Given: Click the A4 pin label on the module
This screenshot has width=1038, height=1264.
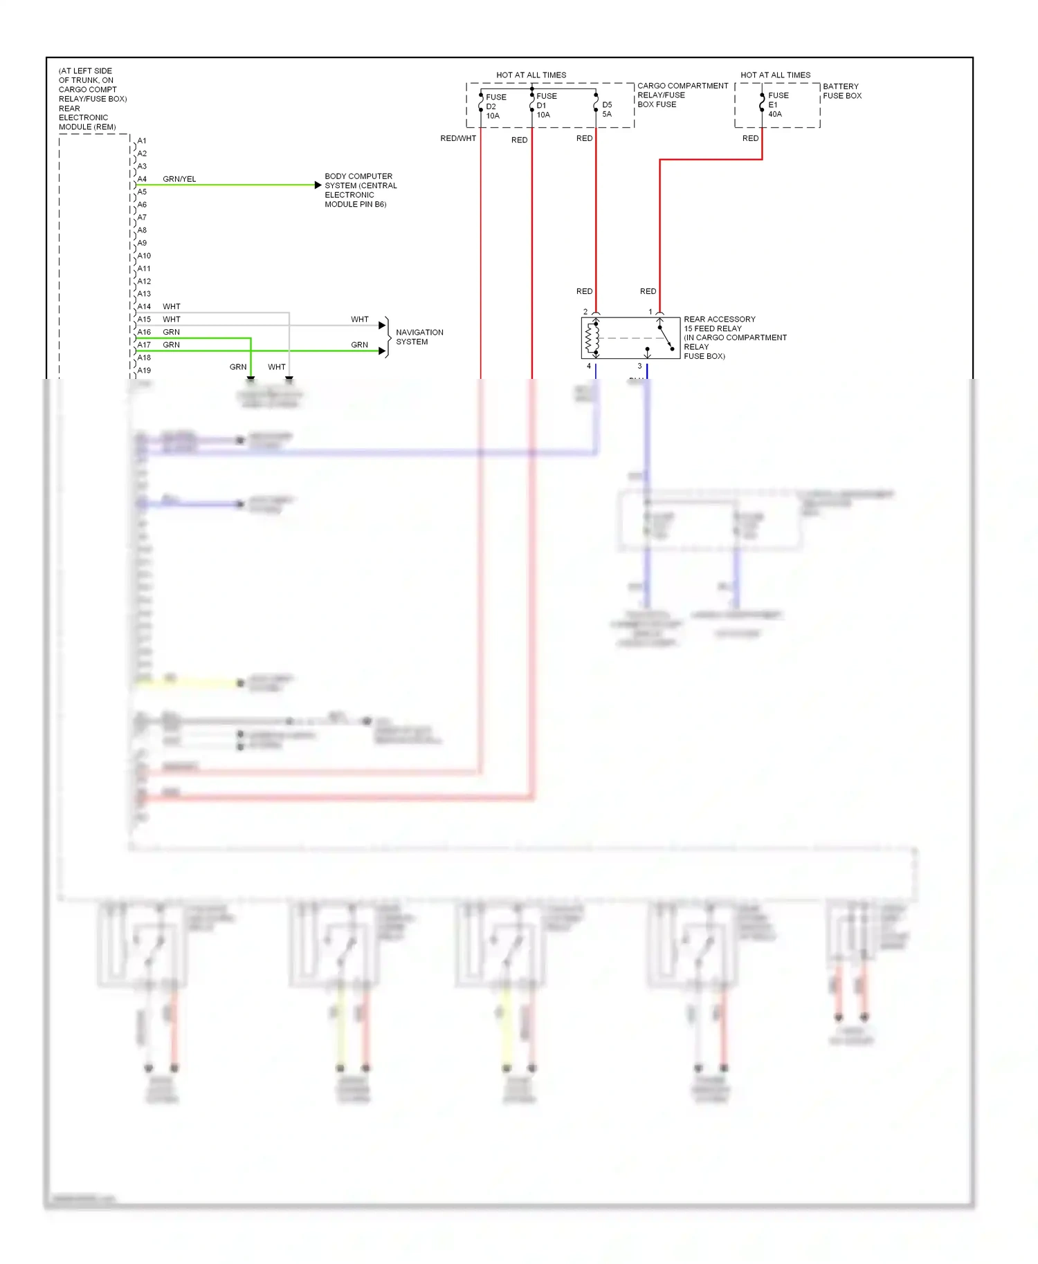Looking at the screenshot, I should pos(142,179).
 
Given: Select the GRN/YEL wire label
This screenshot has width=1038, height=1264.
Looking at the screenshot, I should pos(179,179).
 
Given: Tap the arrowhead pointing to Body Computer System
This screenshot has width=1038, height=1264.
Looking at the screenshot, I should pos(318,185).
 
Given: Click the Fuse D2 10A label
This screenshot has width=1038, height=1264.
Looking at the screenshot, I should pos(495,106).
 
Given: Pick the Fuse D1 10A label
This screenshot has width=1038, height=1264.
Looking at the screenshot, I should pos(546,106).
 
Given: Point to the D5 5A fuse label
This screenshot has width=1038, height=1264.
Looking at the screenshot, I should pos(607,109).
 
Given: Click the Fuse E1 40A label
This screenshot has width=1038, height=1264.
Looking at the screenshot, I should pos(778,105).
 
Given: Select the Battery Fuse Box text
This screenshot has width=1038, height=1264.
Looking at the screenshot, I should pos(842,91).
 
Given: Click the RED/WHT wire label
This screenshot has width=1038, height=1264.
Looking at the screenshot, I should pos(458,138).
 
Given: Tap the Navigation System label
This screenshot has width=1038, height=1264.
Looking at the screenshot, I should pos(419,337).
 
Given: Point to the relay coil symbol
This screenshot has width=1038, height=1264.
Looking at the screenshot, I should pos(592,338).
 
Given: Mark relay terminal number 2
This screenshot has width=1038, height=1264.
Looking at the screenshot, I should pos(585,312).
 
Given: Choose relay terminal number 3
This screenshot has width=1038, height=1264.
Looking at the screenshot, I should pos(639,366).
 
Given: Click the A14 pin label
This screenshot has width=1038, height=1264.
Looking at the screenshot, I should pos(144,306).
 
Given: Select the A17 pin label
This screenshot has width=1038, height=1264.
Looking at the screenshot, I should pos(144,344).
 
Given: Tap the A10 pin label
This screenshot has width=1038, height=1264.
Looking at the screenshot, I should pos(144,256).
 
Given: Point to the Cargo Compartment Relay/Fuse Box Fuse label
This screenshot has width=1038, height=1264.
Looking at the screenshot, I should pos(682,95).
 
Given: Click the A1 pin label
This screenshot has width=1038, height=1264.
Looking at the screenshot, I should pos(142,141).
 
